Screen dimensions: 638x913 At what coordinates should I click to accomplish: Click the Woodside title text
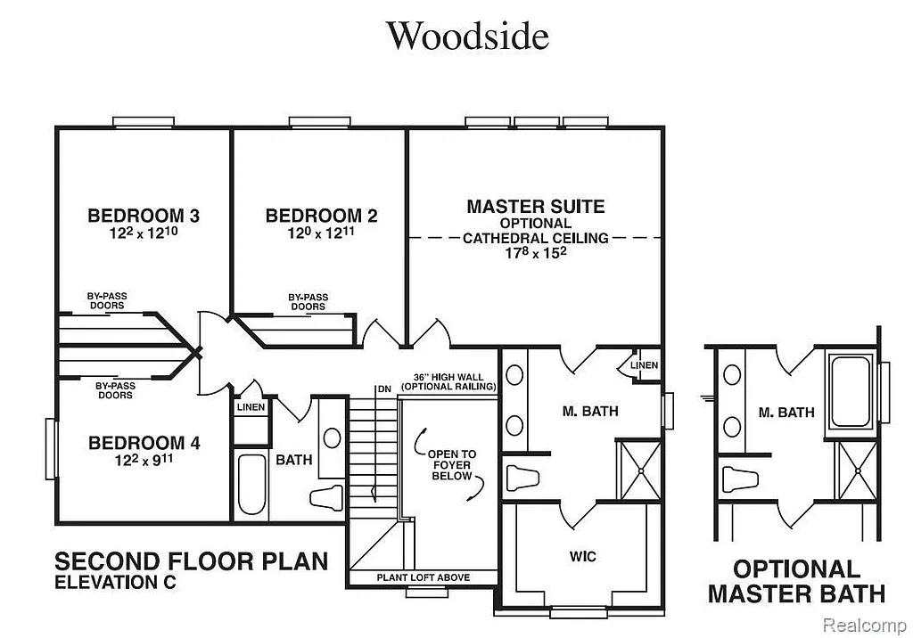click(466, 37)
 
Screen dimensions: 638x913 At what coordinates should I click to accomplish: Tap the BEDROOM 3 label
click(144, 216)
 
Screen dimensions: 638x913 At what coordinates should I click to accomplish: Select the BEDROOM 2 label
click(321, 216)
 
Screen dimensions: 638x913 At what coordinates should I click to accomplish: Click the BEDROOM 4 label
click(144, 443)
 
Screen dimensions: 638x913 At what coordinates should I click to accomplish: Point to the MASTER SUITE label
click(535, 207)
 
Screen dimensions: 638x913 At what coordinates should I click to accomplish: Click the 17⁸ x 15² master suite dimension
click(535, 253)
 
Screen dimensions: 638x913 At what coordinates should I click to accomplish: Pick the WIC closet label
click(583, 557)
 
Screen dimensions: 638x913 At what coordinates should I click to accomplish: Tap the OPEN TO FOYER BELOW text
click(453, 465)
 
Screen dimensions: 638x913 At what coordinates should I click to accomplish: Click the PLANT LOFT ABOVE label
click(423, 577)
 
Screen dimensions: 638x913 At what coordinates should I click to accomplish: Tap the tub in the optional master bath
click(853, 391)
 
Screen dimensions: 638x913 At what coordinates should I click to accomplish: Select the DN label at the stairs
click(384, 389)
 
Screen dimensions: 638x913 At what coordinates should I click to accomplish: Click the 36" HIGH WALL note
click(448, 382)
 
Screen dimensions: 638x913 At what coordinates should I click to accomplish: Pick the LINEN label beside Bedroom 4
click(251, 407)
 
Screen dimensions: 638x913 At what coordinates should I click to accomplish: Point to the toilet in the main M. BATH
click(522, 477)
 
